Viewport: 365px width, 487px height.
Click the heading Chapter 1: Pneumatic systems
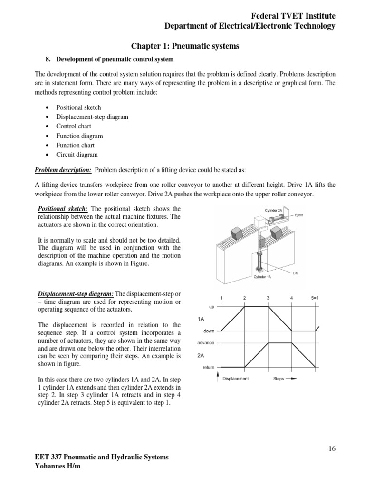[x=185, y=46]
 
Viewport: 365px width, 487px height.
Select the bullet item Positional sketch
[x=78, y=107]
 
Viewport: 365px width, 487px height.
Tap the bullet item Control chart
[x=74, y=127]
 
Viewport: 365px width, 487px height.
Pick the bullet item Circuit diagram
[x=77, y=155]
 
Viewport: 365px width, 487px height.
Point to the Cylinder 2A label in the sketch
[x=274, y=210]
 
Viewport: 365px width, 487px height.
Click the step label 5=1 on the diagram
[x=315, y=298]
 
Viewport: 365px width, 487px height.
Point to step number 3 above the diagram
[x=268, y=298]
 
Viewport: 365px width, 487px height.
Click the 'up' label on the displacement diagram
[x=211, y=307]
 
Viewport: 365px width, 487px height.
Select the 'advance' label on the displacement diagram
[x=206, y=343]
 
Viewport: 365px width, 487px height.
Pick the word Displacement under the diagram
[x=236, y=379]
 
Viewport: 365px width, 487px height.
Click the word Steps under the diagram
[x=279, y=379]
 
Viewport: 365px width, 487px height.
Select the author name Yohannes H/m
[x=58, y=467]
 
